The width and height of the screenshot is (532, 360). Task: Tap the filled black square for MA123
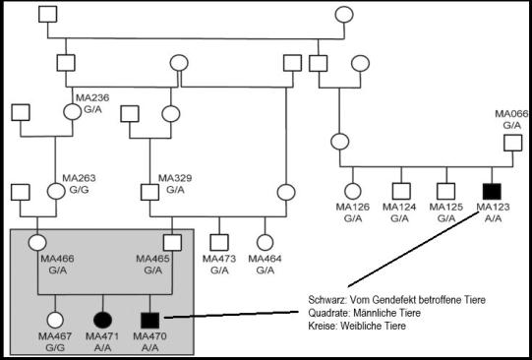pos(489,191)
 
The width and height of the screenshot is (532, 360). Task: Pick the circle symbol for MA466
pos(38,241)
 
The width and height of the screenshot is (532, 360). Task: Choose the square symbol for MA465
pos(171,241)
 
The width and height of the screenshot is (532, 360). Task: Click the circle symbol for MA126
pos(353,191)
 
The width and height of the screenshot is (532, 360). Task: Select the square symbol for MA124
pos(399,191)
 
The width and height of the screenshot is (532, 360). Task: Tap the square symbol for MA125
pos(444,191)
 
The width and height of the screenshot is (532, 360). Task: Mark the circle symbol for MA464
pos(265,241)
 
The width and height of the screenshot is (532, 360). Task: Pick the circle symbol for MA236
pos(72,110)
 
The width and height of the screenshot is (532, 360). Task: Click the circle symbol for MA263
pos(56,190)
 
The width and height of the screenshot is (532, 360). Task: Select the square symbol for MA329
pos(149,190)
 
